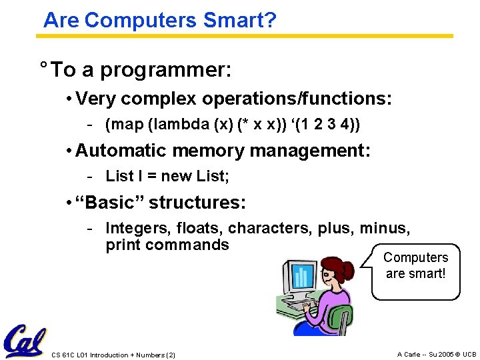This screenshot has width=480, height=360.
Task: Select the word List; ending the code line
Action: click(214, 176)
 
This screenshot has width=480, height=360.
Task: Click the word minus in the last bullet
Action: click(385, 229)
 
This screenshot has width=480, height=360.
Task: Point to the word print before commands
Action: click(123, 245)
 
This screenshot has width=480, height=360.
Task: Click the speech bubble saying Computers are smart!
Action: click(415, 265)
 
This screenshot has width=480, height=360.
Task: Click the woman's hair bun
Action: click(348, 269)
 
